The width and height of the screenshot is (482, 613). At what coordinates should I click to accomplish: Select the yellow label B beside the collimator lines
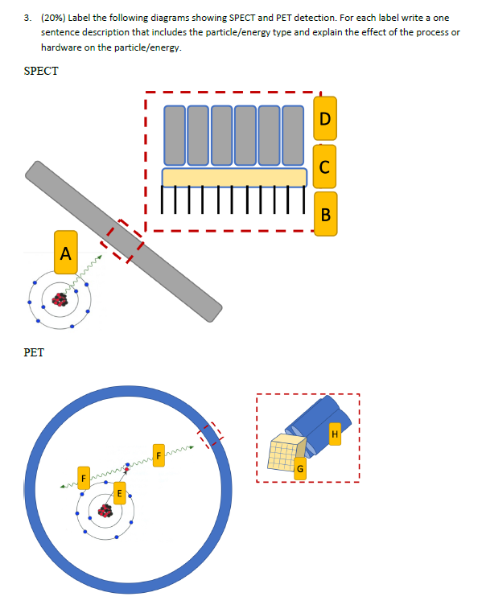click(x=325, y=214)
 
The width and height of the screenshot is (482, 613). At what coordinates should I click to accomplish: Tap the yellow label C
click(x=325, y=167)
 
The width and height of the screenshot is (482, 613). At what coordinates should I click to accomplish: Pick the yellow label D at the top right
click(x=325, y=119)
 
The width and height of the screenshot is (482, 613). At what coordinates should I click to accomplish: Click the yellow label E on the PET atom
click(x=120, y=492)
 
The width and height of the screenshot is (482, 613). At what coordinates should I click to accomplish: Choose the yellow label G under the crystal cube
click(x=300, y=467)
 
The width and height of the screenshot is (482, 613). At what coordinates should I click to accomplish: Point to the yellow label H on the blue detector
click(x=336, y=435)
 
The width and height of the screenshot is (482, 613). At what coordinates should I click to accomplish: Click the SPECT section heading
click(x=41, y=71)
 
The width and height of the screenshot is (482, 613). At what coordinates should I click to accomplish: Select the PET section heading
click(x=34, y=352)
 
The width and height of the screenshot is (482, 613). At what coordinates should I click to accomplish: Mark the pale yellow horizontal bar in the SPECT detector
click(x=234, y=177)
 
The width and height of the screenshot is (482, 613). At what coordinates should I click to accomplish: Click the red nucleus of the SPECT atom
click(x=59, y=300)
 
